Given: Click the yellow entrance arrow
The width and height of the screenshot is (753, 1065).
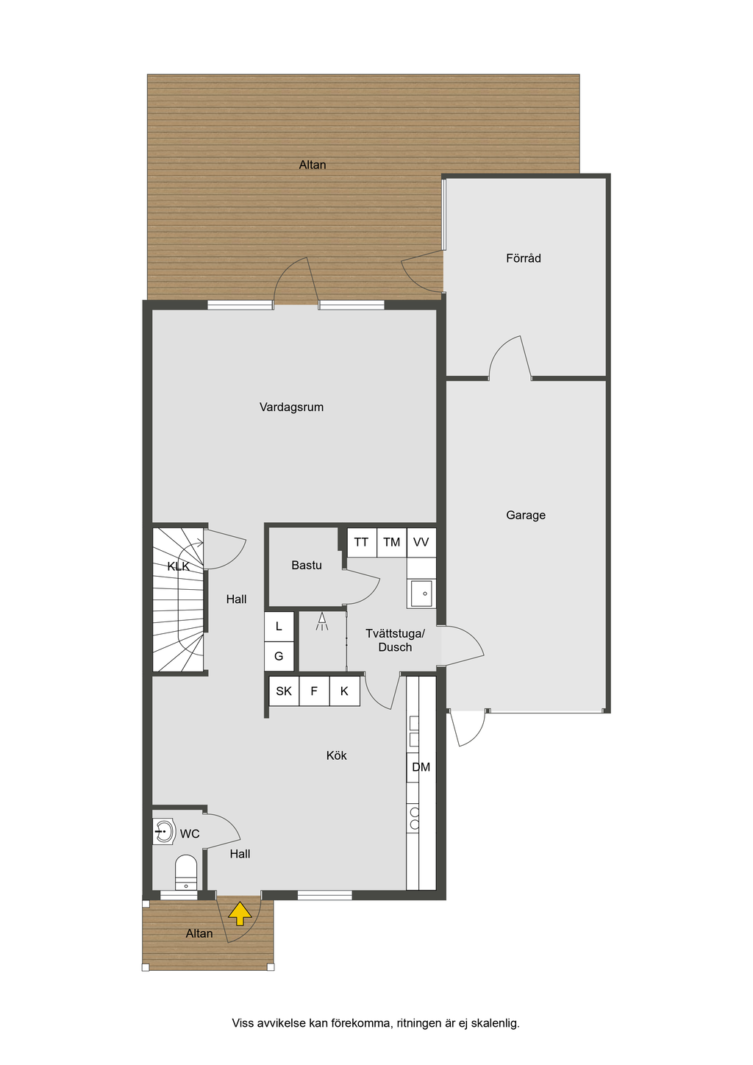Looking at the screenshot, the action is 240,913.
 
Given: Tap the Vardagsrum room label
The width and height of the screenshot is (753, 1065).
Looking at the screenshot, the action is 291,407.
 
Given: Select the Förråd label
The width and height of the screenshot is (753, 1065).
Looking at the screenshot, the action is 524,258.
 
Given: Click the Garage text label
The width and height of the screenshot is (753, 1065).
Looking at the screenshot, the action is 526,515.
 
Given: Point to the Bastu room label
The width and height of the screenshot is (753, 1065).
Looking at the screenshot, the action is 307,566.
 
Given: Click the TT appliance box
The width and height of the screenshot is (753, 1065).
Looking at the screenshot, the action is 362,543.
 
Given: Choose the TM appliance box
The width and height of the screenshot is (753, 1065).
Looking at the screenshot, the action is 392,543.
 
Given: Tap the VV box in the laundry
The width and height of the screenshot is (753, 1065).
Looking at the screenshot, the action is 421,543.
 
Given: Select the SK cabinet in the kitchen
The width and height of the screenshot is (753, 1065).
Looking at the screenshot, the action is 285,691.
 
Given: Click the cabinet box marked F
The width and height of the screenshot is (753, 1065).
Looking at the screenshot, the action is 314,691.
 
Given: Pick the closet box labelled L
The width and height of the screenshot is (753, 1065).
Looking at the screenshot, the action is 279,627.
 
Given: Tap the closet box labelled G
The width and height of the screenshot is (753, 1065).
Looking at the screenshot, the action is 279,657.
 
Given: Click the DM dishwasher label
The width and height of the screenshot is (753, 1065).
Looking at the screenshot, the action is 421,767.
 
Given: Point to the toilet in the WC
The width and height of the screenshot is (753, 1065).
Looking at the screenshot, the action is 186,872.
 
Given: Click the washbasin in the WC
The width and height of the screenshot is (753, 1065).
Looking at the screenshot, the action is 164,832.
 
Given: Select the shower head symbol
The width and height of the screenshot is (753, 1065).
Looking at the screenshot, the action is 322,621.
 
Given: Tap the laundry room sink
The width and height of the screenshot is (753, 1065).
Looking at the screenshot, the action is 421,594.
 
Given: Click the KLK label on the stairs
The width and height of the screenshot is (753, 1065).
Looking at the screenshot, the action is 178,566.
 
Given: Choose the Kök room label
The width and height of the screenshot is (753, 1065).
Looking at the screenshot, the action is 337,755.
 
